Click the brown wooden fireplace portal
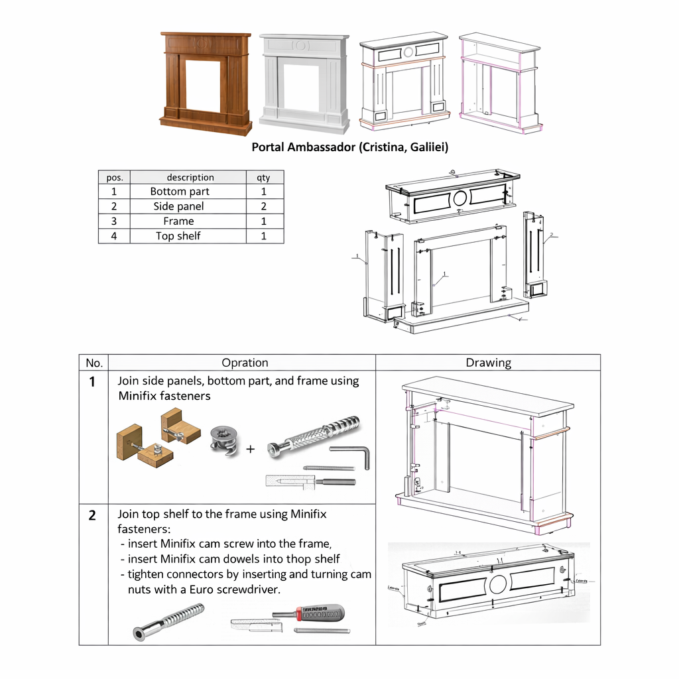point(206,83)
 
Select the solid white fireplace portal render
point(304,83)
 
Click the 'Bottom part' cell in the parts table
point(179,192)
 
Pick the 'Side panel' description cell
point(179,206)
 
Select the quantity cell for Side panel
point(263,206)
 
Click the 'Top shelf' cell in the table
point(179,236)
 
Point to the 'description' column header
point(190,178)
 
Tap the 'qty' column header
point(263,178)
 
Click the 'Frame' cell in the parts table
point(179,221)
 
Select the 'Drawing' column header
point(488,363)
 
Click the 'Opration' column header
point(245,363)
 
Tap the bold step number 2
point(93,515)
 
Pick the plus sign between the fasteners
point(251,449)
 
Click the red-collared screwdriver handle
point(322,612)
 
